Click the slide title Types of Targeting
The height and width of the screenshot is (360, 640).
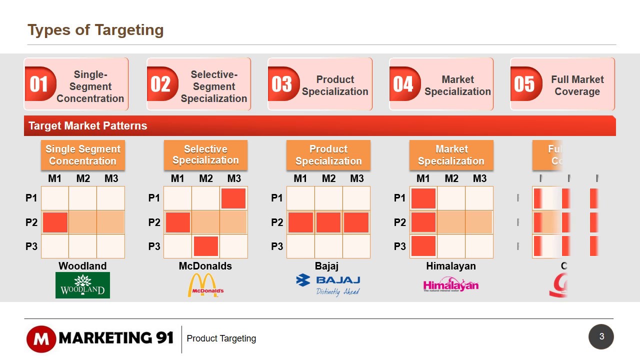(95, 30)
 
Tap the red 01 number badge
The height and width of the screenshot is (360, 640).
(39, 84)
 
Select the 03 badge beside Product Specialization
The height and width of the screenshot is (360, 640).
(282, 84)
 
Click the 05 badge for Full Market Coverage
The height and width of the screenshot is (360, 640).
(524, 84)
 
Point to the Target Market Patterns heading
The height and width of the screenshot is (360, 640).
(88, 125)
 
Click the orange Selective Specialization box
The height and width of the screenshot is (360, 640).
(205, 155)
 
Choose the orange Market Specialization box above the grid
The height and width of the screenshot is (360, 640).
(451, 155)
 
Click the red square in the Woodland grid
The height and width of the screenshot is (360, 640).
(55, 222)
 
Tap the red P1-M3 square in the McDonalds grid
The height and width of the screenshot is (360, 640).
(233, 198)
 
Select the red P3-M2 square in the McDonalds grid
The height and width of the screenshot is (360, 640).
(206, 246)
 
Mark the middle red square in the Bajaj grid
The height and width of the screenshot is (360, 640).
(328, 222)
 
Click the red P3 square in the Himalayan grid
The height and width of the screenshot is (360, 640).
(423, 246)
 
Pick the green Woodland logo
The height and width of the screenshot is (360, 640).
(82, 285)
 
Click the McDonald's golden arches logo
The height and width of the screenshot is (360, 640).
(205, 285)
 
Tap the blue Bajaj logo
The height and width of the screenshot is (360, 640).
(328, 285)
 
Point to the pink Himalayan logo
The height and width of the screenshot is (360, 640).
(450, 285)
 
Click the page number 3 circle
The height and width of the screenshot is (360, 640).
(601, 336)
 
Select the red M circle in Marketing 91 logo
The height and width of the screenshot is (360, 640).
(41, 339)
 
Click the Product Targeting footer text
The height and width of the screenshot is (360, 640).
(221, 338)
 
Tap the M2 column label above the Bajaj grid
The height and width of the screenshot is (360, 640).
(328, 178)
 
